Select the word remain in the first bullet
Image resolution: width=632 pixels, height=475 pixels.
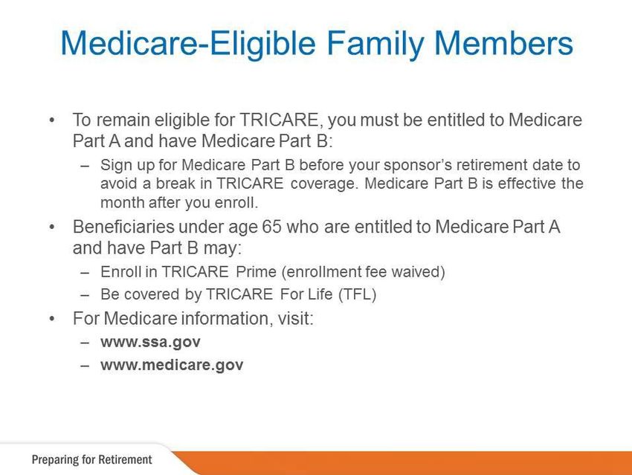tap(123, 120)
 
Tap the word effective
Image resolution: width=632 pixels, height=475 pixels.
tap(527, 184)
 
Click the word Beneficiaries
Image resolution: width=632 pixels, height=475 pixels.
tap(123, 227)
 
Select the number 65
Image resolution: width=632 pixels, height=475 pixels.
tap(271, 227)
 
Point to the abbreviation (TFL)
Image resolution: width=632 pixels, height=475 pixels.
tap(357, 294)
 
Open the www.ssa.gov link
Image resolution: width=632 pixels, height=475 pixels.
tap(150, 342)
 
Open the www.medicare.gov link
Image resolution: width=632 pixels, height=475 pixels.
tap(172, 365)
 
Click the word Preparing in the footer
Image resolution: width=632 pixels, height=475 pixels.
tap(56, 460)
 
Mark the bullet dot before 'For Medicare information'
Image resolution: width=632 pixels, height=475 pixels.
tap(51, 319)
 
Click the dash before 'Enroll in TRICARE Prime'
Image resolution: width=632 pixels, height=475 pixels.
tap(84, 273)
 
